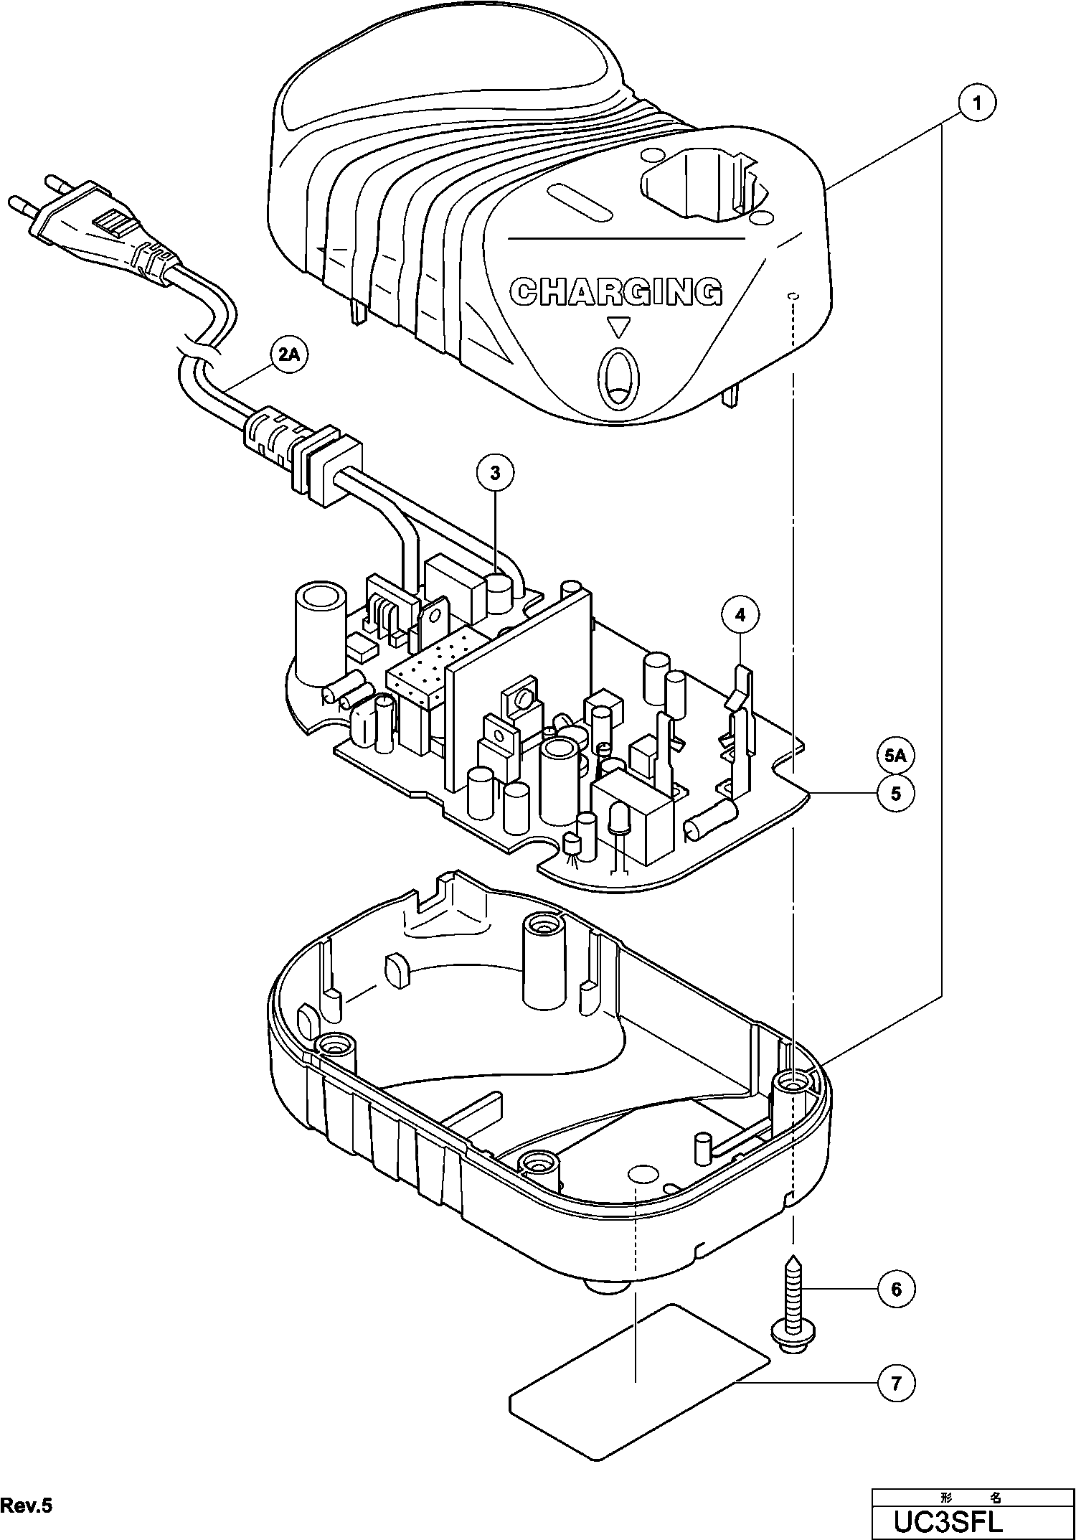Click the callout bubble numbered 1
[x=977, y=103]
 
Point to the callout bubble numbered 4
[x=740, y=614]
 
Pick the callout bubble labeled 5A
[x=895, y=756]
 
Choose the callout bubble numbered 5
[x=895, y=794]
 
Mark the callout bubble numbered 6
[x=896, y=1290]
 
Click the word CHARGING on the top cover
[x=615, y=291]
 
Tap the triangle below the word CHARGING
[x=617, y=329]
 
